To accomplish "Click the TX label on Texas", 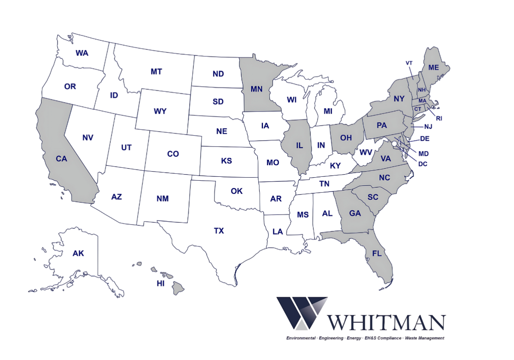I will tap(219, 231).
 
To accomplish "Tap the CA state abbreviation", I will tap(61, 159).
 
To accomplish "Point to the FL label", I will tap(377, 254).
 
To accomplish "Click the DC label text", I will tap(423, 163).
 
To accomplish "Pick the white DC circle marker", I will tap(394, 142).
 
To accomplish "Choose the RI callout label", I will tap(439, 118).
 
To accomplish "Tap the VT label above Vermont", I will tap(409, 63).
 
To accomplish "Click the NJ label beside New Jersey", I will tap(428, 127).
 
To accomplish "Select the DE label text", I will tap(425, 139).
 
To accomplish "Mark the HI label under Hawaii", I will tap(161, 284).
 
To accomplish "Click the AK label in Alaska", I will tap(78, 254).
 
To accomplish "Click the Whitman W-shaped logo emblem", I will tap(302, 313).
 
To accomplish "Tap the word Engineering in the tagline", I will tap(331, 338).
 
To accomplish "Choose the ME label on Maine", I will tap(434, 67).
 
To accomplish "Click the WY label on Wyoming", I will tap(160, 111).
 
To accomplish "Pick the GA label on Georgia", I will tap(355, 213).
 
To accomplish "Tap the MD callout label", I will tap(423, 154).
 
